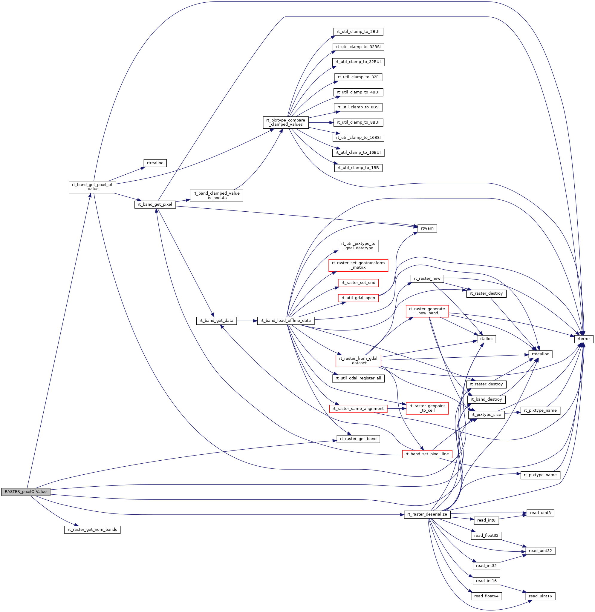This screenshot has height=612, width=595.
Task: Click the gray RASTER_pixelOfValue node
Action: pos(26,492)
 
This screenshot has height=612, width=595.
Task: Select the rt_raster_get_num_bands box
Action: pos(92,530)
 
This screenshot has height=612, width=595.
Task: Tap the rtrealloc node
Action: pos(155,163)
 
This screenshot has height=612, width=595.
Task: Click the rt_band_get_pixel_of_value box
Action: pos(92,187)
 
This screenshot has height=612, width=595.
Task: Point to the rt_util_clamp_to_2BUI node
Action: pos(358,32)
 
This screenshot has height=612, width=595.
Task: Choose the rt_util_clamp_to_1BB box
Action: pos(358,168)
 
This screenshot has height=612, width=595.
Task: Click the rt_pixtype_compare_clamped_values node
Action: pos(286,122)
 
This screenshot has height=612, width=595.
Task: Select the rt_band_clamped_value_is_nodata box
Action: pos(216,196)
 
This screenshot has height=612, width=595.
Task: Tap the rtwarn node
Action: pos(427,228)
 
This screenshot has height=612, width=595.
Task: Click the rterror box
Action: pos(583,339)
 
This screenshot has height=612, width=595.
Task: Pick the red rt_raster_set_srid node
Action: pos(358,283)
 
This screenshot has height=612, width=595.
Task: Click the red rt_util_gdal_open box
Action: pos(358,298)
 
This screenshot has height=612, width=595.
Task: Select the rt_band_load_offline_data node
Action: pos(286,320)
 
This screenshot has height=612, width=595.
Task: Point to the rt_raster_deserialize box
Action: pos(427,514)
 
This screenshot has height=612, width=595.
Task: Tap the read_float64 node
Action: pos(486,596)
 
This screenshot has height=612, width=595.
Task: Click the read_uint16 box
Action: pos(540,596)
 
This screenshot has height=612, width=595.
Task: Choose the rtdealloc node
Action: pos(540,354)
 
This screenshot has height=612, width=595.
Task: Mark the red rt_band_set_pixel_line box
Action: pos(427,454)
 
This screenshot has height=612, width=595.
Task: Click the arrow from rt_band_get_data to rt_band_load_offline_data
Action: pos(247,320)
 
